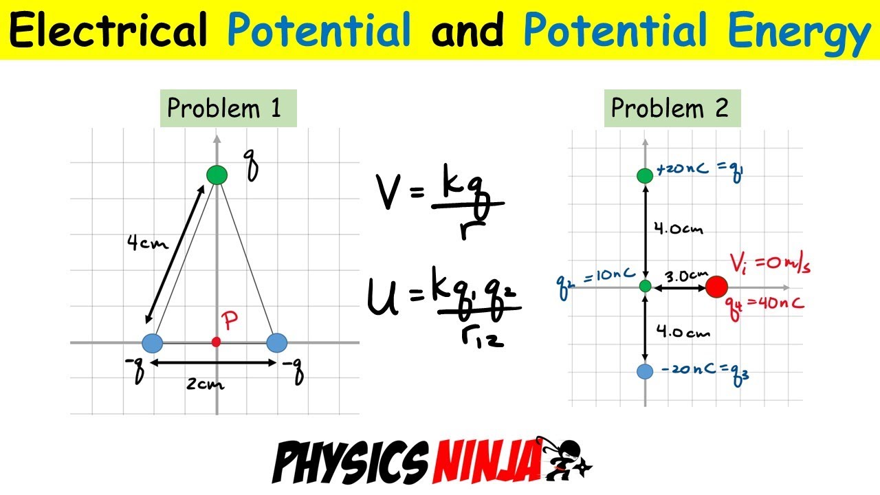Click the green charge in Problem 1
pos(217,175)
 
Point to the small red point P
pos(217,342)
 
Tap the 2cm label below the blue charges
pos(206,383)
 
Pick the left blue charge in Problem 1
pos(152,342)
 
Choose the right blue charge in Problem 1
pos(276,342)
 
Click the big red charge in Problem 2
pos(716,286)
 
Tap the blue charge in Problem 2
pos(645,371)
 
